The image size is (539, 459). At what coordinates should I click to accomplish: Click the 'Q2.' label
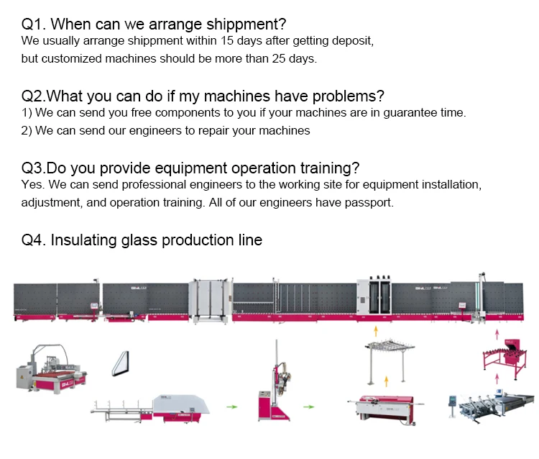(34, 96)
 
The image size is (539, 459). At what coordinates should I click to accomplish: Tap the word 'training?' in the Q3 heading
(325, 168)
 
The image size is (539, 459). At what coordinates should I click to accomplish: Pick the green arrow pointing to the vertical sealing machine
(231, 406)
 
